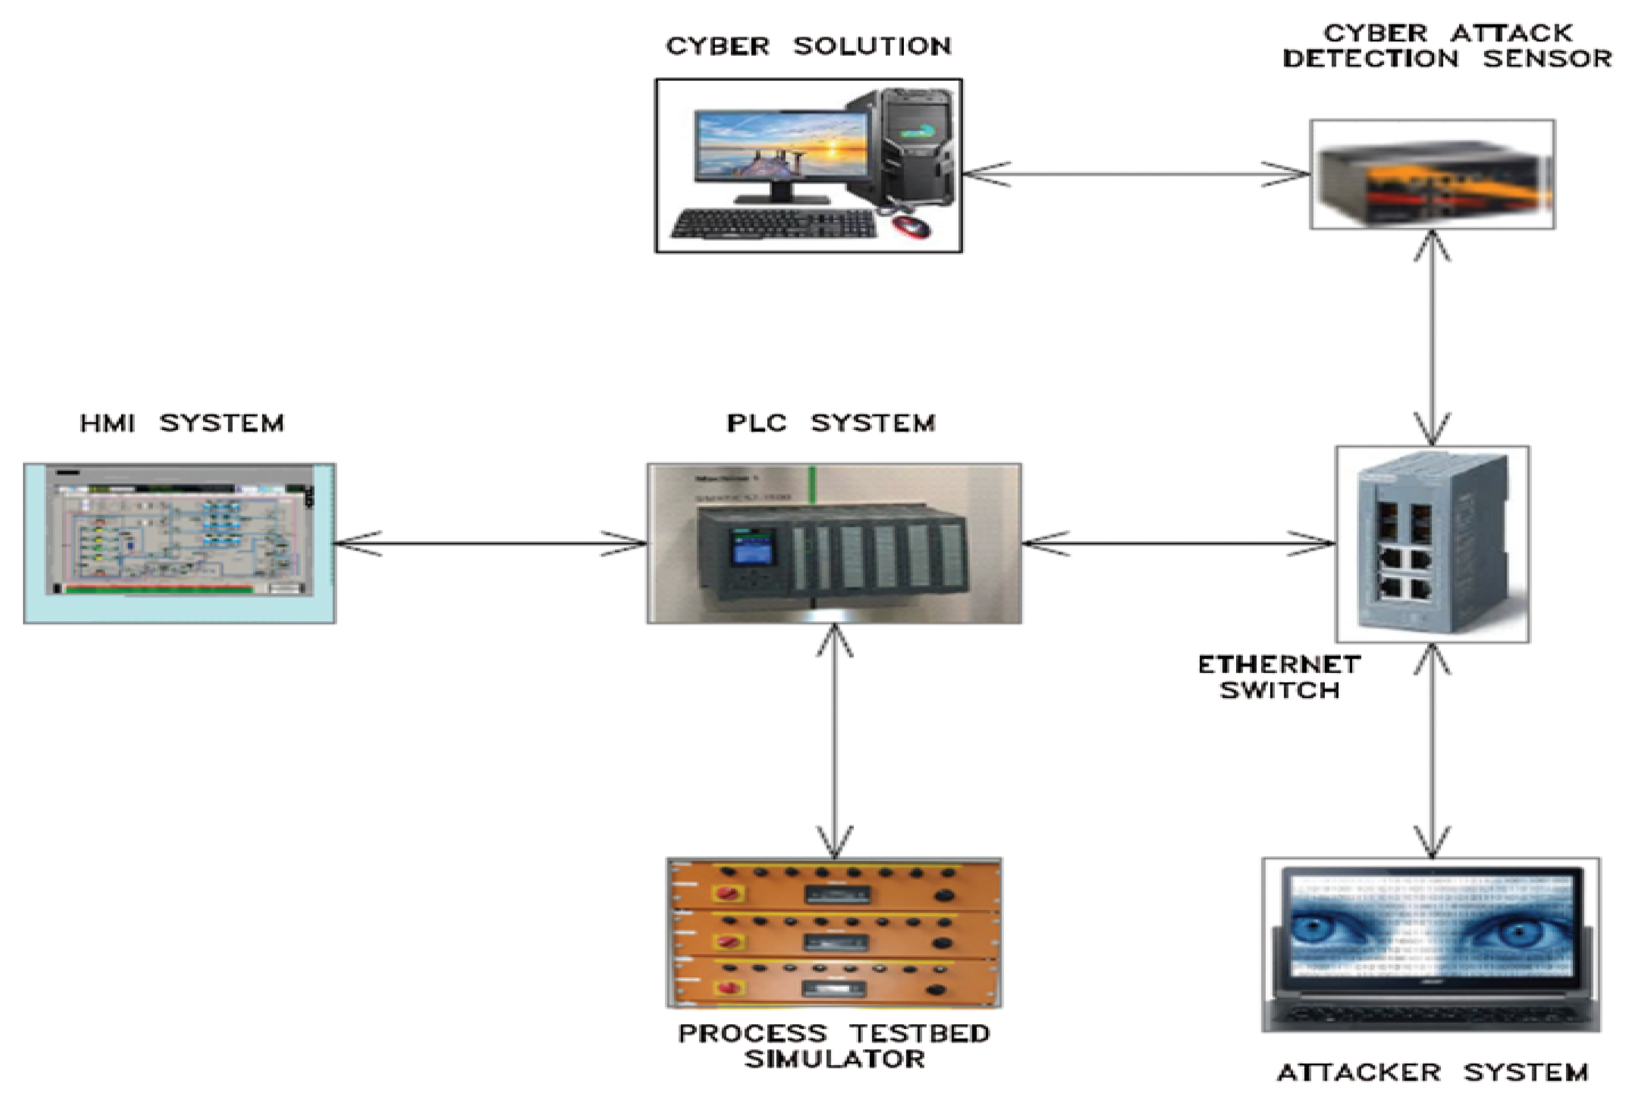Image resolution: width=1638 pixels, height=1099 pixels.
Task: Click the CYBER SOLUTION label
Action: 808,46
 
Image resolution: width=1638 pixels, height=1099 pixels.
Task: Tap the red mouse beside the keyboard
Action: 912,226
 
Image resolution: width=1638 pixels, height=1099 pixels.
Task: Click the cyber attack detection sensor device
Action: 1432,175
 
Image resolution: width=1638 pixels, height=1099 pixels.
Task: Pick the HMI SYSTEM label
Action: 182,423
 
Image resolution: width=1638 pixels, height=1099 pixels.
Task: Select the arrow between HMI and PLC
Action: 491,543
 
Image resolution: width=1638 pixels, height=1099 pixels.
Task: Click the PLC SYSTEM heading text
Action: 831,423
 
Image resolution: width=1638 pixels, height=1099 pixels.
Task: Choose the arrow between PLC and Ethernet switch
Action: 1178,543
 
